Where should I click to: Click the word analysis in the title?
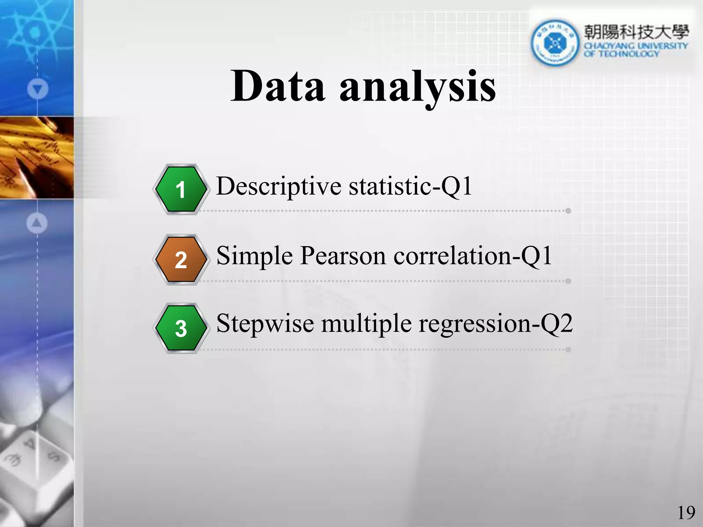(x=417, y=87)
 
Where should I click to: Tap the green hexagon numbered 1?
(x=181, y=189)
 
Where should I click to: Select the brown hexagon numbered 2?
(x=181, y=260)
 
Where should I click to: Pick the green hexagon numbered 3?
(x=181, y=328)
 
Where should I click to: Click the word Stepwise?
(x=265, y=324)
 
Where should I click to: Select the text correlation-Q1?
(x=472, y=256)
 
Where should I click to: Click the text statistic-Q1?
(x=410, y=186)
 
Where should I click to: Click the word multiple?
(x=366, y=324)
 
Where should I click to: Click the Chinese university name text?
(x=636, y=32)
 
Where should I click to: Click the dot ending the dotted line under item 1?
(x=568, y=211)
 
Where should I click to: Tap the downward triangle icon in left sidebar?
(x=37, y=89)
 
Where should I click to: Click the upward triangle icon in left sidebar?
(x=37, y=223)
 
